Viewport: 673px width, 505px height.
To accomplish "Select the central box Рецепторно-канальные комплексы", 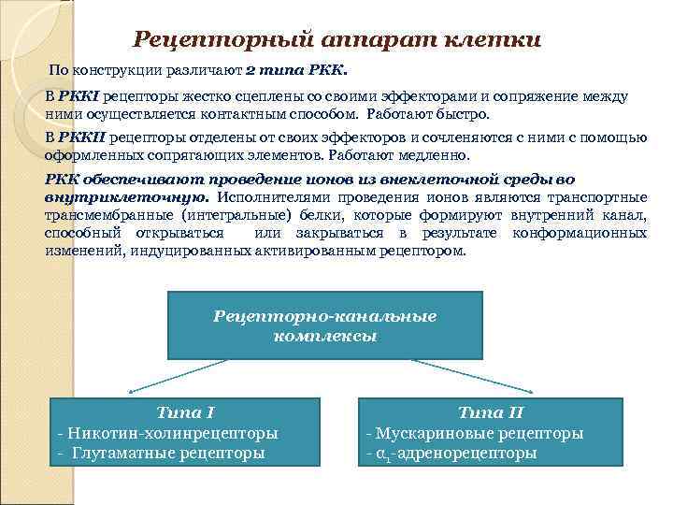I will tap(324, 325).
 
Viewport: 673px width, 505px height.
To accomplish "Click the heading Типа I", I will tap(185, 411).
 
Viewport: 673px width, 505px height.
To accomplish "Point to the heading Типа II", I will tap(491, 411).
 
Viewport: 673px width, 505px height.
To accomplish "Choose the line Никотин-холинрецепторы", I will tap(168, 433).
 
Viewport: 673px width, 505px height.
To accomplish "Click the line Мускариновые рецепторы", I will tap(474, 433).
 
